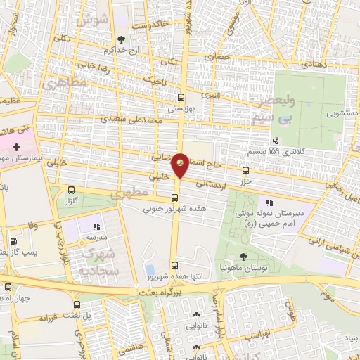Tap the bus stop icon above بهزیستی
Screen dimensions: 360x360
click(x=181, y=98)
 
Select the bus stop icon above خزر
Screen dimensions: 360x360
click(x=245, y=170)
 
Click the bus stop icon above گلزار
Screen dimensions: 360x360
click(x=72, y=189)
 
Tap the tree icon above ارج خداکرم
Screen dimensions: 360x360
click(x=122, y=39)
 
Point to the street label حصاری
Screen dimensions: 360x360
click(x=223, y=54)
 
